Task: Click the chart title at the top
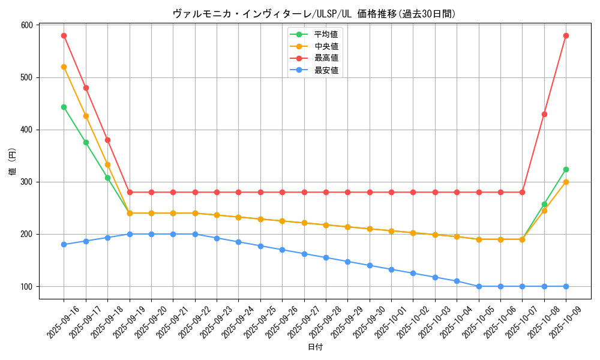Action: pos(314,14)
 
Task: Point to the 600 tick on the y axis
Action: pos(26,25)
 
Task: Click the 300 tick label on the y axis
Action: pos(26,182)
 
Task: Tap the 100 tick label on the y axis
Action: pos(26,286)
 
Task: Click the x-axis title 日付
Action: pos(315,347)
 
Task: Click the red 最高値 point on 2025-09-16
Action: pos(64,35)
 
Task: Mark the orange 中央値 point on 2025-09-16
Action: pos(64,67)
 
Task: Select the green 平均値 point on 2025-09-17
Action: pos(86,142)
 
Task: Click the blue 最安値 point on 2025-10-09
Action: pos(566,286)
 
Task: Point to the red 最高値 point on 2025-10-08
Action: pos(544,114)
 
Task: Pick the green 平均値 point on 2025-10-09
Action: pos(566,169)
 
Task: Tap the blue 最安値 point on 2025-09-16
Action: pos(64,244)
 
